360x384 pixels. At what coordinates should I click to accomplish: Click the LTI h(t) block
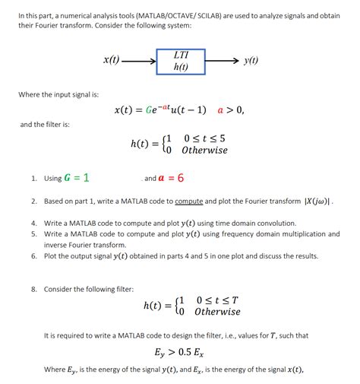[181, 61]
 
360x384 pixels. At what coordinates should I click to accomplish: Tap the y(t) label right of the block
[251, 61]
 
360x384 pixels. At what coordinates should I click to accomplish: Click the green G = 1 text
[77, 178]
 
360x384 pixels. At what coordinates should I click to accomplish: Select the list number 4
[34, 224]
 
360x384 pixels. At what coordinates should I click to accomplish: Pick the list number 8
[34, 289]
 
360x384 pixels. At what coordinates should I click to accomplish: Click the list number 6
[34, 256]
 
